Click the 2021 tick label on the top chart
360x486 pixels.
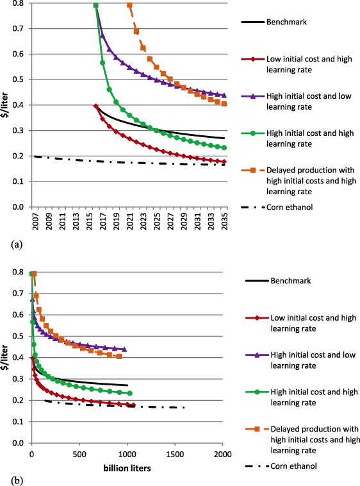(x=129, y=222)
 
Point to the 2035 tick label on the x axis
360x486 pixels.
(x=224, y=222)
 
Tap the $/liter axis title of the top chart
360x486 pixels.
(x=6, y=105)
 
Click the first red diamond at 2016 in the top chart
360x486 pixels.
(x=95, y=106)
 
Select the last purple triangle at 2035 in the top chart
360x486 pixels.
(x=224, y=95)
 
